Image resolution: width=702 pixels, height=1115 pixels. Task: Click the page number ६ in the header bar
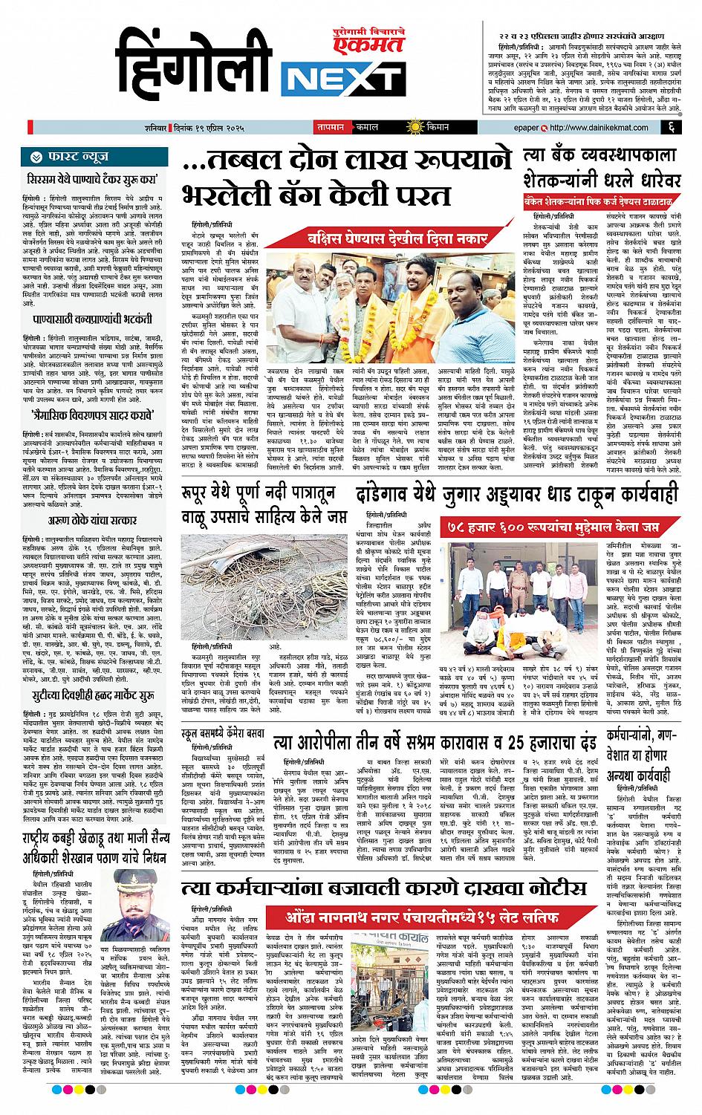pyautogui.click(x=671, y=128)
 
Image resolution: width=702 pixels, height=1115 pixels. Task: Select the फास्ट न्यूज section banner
pyautogui.click(x=97, y=157)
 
